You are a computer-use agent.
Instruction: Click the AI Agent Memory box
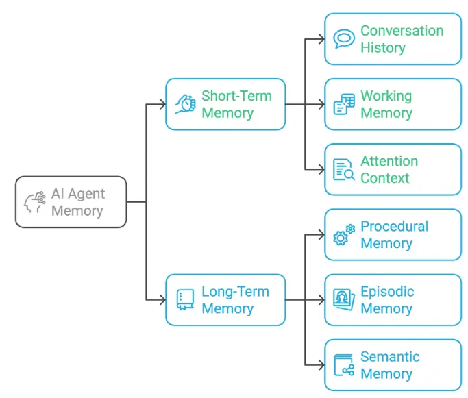(x=71, y=202)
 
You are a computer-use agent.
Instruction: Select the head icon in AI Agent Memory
(x=34, y=202)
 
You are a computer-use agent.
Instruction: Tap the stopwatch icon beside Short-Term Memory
(x=185, y=104)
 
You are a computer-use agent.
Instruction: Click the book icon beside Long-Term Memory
(x=185, y=299)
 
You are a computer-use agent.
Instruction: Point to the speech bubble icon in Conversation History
(x=344, y=39)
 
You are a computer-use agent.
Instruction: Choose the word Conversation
(x=402, y=31)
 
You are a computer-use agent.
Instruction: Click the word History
(x=383, y=48)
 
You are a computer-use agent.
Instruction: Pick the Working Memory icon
(x=344, y=104)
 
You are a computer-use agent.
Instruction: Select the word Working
(x=386, y=96)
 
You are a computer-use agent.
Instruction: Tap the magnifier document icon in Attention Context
(x=344, y=169)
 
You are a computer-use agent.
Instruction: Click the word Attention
(x=389, y=161)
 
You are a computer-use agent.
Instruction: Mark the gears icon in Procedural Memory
(x=344, y=234)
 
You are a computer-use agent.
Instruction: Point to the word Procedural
(x=394, y=226)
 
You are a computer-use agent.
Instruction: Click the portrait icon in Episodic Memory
(x=344, y=299)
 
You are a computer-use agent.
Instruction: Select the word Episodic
(x=387, y=291)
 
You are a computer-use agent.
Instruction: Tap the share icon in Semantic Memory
(x=344, y=364)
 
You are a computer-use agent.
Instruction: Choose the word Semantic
(x=390, y=356)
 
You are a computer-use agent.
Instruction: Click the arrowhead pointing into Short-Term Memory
(x=162, y=104)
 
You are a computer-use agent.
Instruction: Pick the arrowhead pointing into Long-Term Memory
(x=162, y=299)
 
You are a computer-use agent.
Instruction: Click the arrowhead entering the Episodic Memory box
(x=321, y=299)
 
